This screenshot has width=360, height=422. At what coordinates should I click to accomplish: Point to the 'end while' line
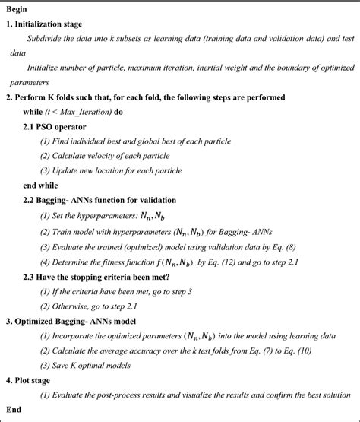pyautogui.click(x=45, y=185)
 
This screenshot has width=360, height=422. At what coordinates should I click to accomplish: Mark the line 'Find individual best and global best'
pyautogui.click(x=122, y=140)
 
